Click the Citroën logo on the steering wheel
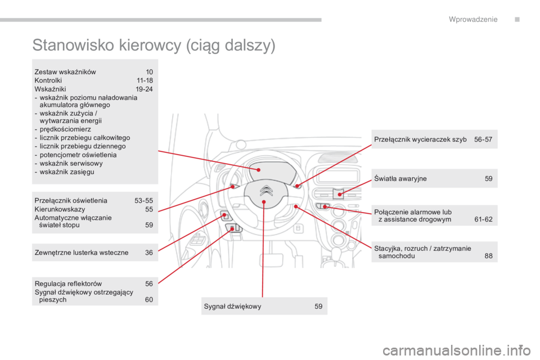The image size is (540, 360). pyautogui.click(x=266, y=191)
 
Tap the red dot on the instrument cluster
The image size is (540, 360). pyautogui.click(x=258, y=170)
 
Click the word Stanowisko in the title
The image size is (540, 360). pyautogui.click(x=73, y=45)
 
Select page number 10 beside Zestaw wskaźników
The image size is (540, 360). pyautogui.click(x=149, y=72)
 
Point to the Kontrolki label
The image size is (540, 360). pyautogui.click(x=48, y=80)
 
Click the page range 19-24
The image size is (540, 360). pyautogui.click(x=145, y=89)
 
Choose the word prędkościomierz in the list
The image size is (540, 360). pyautogui.click(x=65, y=129)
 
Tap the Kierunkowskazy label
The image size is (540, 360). pyautogui.click(x=60, y=209)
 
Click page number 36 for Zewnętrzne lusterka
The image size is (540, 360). pyautogui.click(x=148, y=253)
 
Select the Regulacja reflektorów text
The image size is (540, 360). pyautogui.click(x=68, y=284)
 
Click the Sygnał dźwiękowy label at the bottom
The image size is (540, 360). pyautogui.click(x=232, y=306)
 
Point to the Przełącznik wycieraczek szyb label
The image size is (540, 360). pyautogui.click(x=420, y=139)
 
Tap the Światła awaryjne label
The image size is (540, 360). pyautogui.click(x=400, y=179)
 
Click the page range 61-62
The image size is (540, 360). pyautogui.click(x=483, y=219)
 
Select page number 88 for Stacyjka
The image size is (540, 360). pyautogui.click(x=488, y=256)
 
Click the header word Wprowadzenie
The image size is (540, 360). pyautogui.click(x=473, y=20)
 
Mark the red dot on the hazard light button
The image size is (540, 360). pyautogui.click(x=340, y=195)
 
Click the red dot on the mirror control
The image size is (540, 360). pyautogui.click(x=224, y=215)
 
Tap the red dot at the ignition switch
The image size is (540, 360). pyautogui.click(x=295, y=206)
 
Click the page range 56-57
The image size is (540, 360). pyautogui.click(x=483, y=139)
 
